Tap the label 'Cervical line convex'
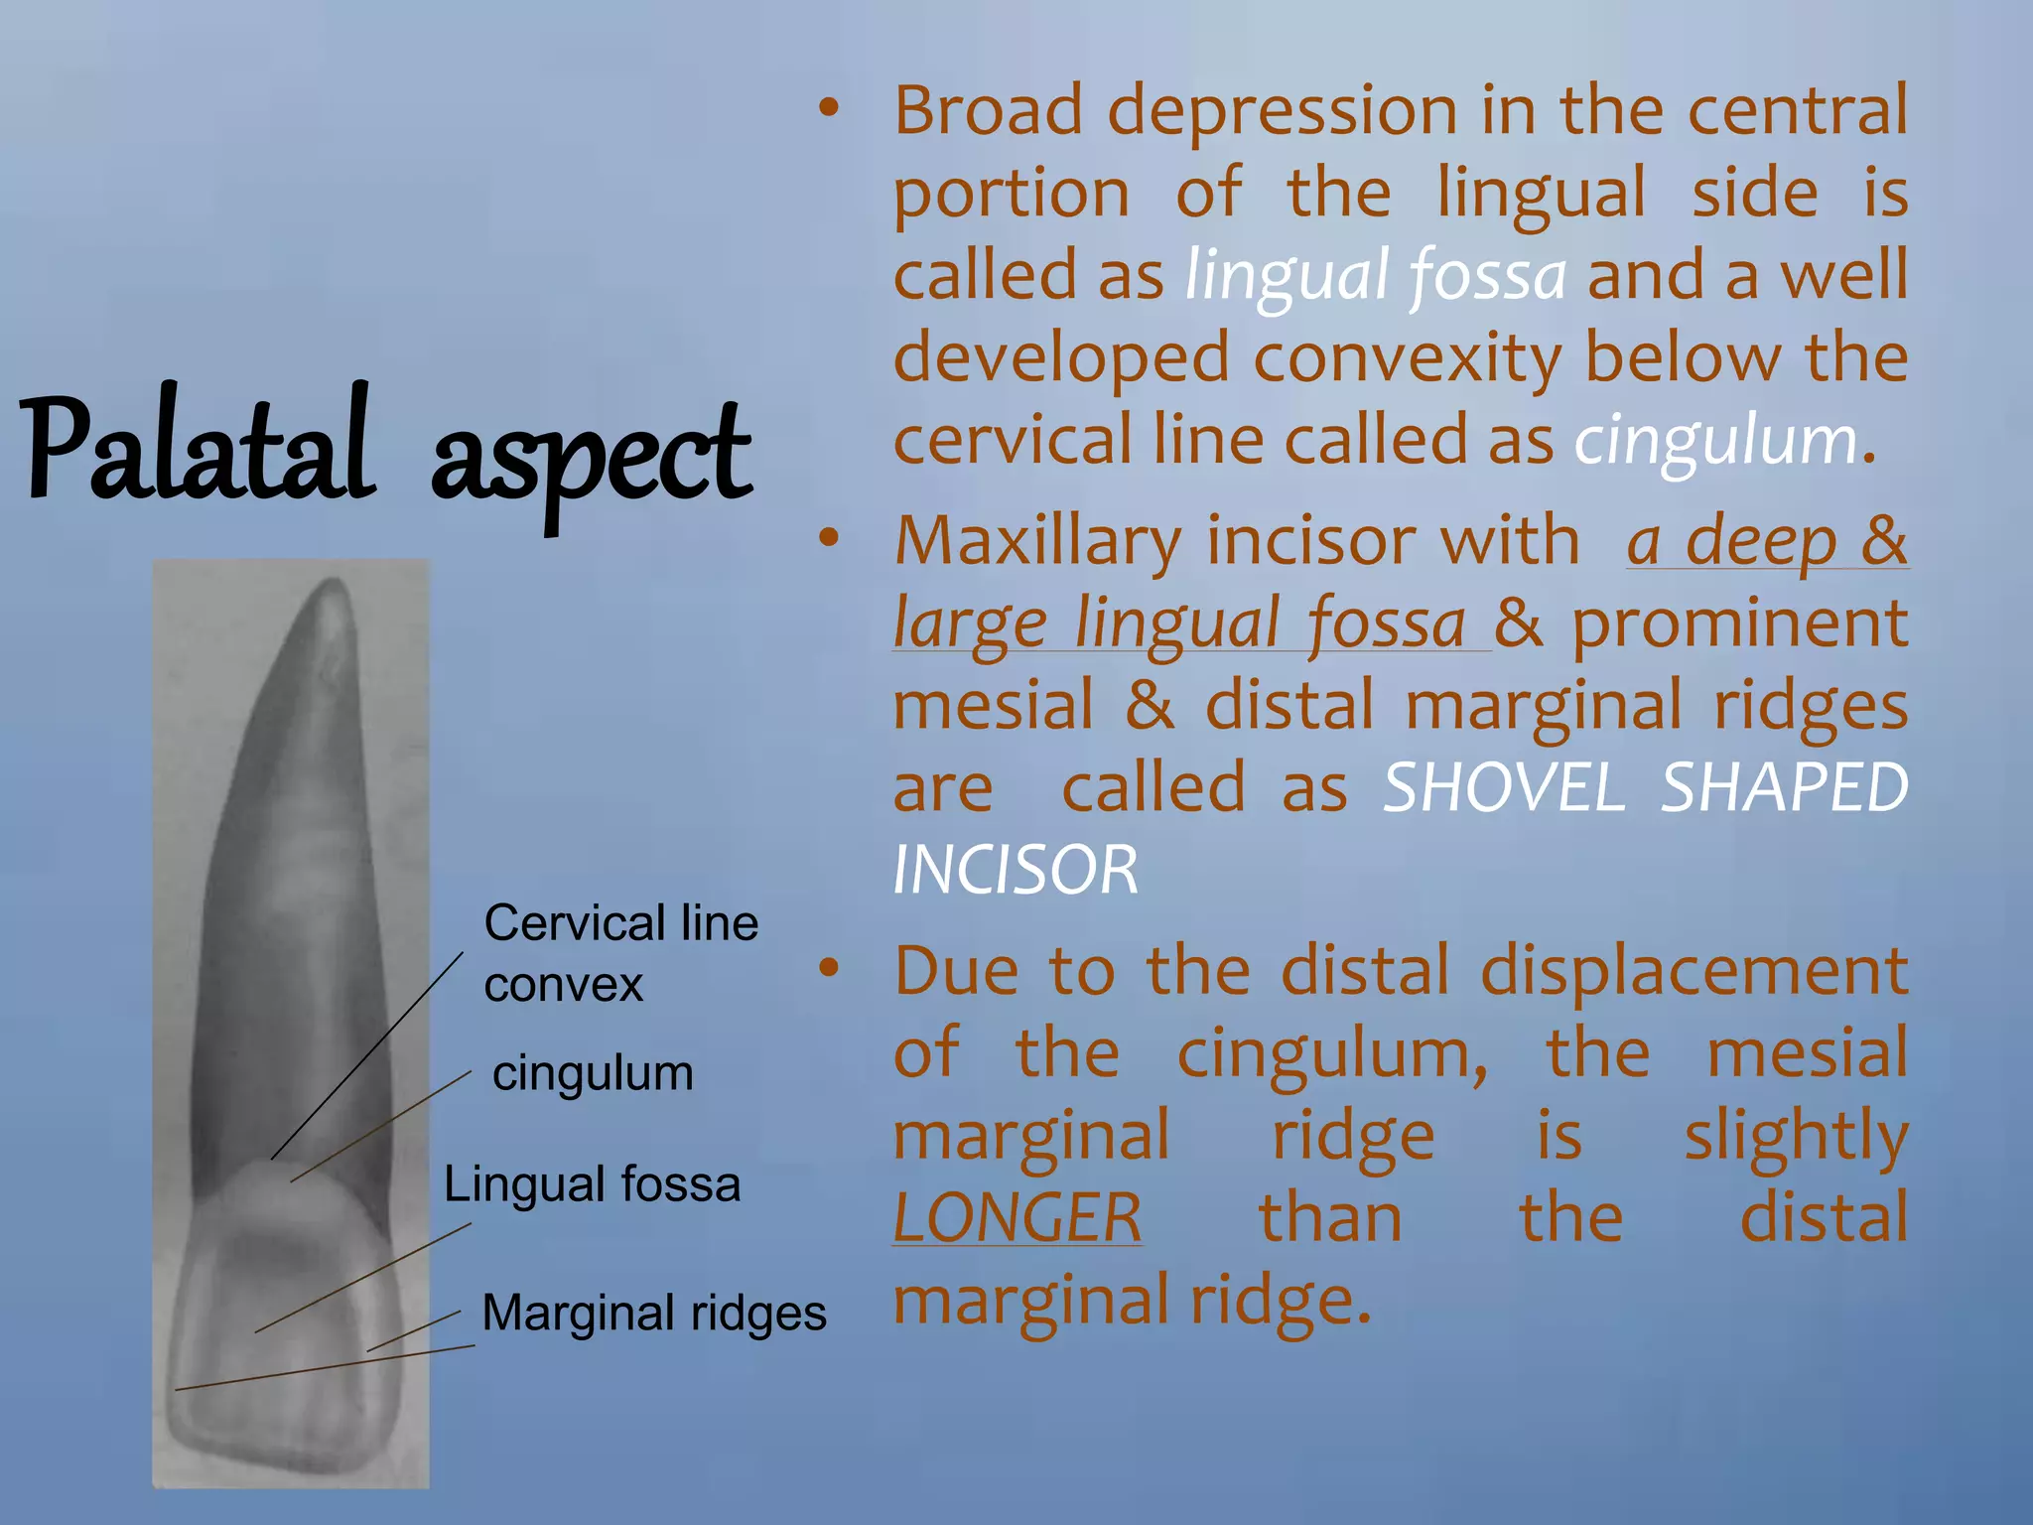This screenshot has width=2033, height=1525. pos(620,953)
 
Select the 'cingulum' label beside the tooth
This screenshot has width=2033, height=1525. pos(593,1073)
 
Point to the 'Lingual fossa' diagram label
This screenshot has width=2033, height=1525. pos(592,1184)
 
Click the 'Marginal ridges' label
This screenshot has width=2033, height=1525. pos(653,1313)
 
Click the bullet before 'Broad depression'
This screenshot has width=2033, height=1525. pos(829,108)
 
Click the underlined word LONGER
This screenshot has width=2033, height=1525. pos(1017,1218)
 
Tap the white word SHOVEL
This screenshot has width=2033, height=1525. pos(1503,788)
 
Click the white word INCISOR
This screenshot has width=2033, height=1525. pos(1016,871)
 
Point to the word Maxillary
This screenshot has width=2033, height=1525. pos(1038,541)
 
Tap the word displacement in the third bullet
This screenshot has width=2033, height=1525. pos(1694,970)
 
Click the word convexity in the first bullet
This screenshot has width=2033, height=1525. pos(1406,357)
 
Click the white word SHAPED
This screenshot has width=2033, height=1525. pos(1784,788)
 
